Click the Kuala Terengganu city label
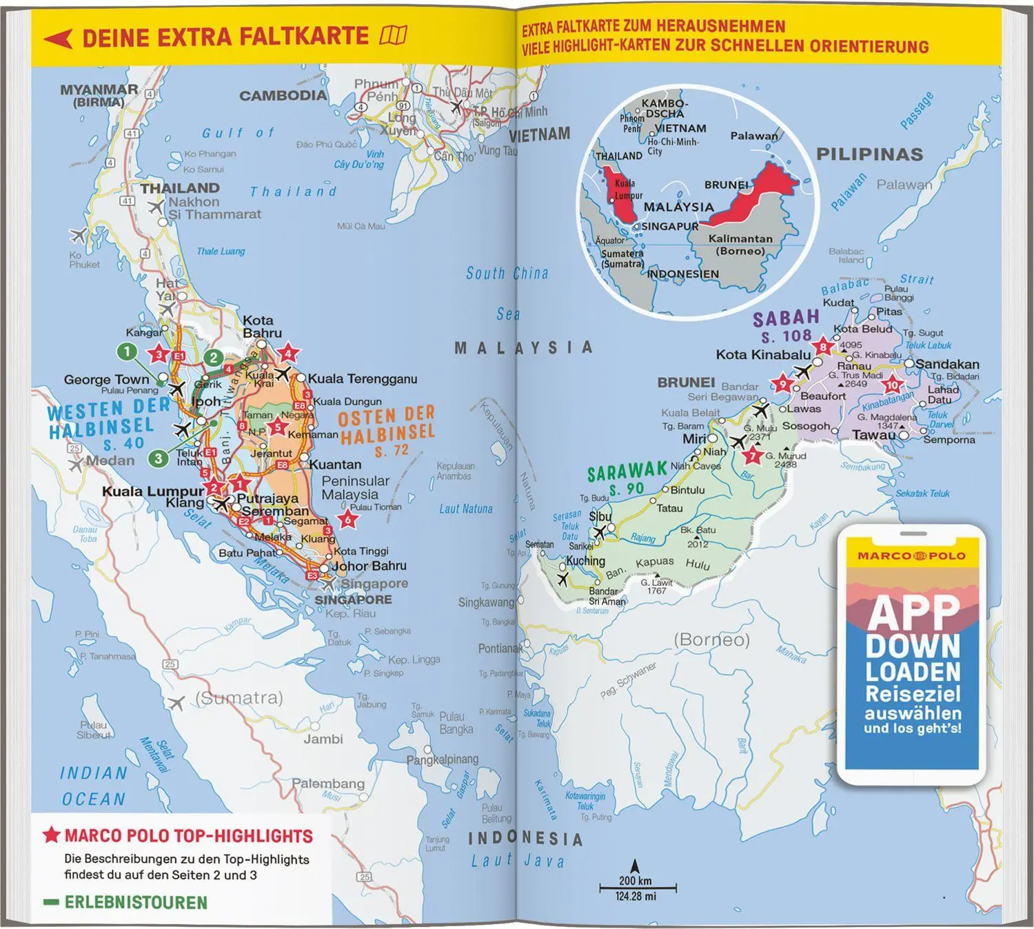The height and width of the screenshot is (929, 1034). (x=362, y=378)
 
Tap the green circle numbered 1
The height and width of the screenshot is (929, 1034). (x=127, y=352)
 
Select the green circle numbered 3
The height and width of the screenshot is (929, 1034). (x=159, y=458)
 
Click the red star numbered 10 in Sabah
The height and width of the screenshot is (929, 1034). (x=893, y=385)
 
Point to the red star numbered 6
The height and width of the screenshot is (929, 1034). (x=348, y=520)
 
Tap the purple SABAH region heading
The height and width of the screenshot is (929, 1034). (x=786, y=318)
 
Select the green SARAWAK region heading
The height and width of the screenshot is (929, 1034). (x=627, y=472)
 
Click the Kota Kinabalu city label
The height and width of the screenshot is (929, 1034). (x=763, y=355)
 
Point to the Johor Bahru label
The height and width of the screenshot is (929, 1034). (x=369, y=566)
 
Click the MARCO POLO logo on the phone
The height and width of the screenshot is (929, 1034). (x=911, y=555)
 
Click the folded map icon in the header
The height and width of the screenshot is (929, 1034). (x=394, y=35)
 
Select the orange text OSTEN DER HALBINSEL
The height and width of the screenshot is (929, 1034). (x=386, y=425)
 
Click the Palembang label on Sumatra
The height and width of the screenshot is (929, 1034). (x=327, y=784)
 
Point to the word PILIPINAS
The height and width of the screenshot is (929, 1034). (x=869, y=154)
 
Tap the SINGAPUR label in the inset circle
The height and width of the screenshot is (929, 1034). (x=669, y=226)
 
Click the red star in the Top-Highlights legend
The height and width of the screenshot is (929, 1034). (x=51, y=836)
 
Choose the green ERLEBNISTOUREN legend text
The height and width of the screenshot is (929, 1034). (x=136, y=902)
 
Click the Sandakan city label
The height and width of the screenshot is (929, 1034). (x=946, y=364)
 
